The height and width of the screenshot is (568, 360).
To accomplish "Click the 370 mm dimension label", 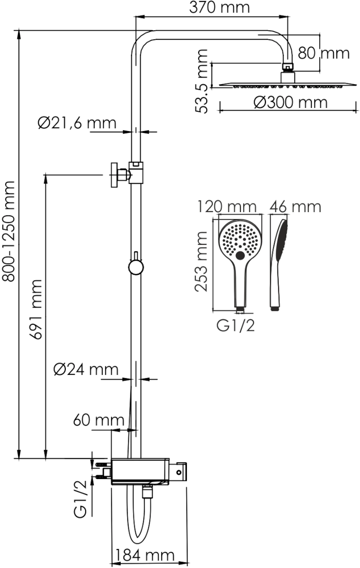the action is pyautogui.click(x=220, y=8).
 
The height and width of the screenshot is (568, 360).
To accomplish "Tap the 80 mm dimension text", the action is pyautogui.click(x=324, y=53).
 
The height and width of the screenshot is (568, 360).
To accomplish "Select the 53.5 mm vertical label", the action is pyautogui.click(x=202, y=81).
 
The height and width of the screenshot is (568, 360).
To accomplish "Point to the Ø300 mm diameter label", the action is pyautogui.click(x=290, y=103).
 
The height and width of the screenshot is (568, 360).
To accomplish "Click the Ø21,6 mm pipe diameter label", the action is pyautogui.click(x=77, y=123).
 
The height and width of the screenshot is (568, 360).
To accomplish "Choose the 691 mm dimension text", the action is pyautogui.click(x=36, y=310).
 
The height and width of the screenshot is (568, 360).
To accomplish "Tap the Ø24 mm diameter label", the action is pyautogui.click(x=86, y=370).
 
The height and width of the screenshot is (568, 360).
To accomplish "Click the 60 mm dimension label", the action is pyautogui.click(x=99, y=420).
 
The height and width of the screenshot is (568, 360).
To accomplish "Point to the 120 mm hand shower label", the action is pyautogui.click(x=227, y=207).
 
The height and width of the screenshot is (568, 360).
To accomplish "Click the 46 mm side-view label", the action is pyautogui.click(x=295, y=207).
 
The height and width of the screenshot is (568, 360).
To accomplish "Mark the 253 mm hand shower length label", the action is pyautogui.click(x=202, y=261).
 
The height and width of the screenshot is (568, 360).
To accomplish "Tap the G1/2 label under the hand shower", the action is pyautogui.click(x=236, y=326).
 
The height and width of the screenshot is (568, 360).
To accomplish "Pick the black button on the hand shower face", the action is pyautogui.click(x=240, y=255).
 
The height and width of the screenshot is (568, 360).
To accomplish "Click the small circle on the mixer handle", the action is pyautogui.click(x=179, y=472).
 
